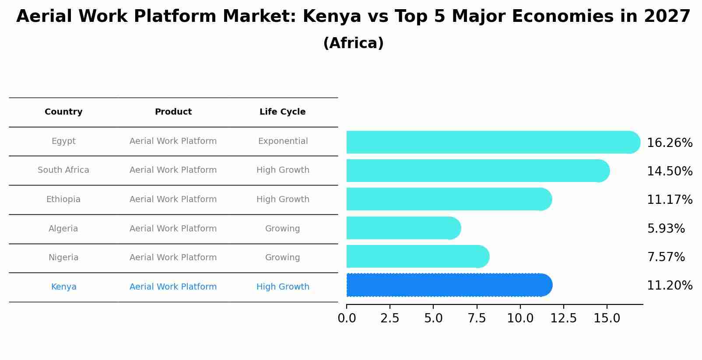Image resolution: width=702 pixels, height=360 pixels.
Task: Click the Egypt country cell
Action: click(63, 141)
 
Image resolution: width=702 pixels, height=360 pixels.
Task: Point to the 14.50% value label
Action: click(669, 171)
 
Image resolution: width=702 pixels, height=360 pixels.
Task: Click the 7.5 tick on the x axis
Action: click(477, 318)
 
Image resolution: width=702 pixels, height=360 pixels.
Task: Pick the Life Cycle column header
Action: click(282, 112)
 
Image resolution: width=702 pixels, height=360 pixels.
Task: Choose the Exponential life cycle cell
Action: click(283, 141)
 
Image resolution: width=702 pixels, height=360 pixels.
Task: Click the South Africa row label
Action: click(63, 170)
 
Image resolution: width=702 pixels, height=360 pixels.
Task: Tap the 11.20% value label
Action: click(669, 286)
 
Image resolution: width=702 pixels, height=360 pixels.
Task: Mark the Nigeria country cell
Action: click(63, 258)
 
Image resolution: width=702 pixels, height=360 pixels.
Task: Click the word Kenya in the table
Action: click(63, 287)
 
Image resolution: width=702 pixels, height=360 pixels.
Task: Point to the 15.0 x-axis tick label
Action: click(607, 318)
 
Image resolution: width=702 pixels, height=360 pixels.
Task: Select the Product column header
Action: click(173, 112)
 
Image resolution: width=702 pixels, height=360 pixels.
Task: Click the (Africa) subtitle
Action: click(353, 43)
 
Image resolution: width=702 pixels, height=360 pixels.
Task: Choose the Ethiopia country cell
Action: click(63, 199)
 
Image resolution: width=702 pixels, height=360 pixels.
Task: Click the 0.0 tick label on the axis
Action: click(347, 318)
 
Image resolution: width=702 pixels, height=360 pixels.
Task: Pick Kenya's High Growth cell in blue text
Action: click(283, 287)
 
